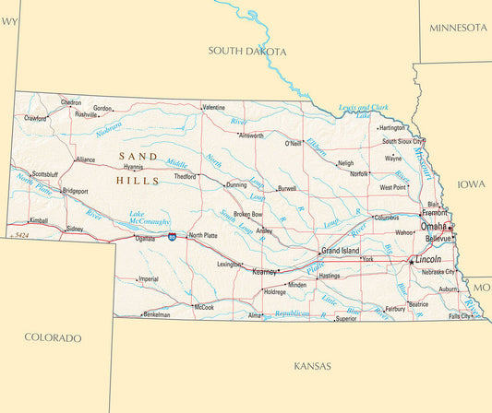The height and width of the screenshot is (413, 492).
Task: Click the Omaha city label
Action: [433, 226]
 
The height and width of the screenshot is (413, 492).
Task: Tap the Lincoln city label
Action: [427, 260]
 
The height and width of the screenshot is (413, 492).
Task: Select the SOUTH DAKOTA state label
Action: [247, 51]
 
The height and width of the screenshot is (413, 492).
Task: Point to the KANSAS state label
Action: [312, 366]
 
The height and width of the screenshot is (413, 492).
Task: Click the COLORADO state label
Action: [53, 338]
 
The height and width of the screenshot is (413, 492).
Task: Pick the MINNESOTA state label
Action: [458, 28]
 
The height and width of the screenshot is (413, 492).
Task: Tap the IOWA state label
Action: [471, 184]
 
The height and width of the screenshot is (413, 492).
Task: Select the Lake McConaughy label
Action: [149, 218]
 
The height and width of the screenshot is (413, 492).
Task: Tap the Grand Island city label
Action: [340, 251]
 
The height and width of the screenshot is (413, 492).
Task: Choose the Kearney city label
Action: [265, 272]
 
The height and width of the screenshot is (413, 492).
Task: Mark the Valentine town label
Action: [213, 107]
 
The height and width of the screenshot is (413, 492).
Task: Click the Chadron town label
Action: [71, 102]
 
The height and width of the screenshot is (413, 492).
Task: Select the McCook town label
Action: [203, 307]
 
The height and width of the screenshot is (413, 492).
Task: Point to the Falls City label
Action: [460, 316]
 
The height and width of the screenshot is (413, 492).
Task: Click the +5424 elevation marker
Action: [17, 235]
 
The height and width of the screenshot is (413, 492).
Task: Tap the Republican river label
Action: [286, 313]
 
